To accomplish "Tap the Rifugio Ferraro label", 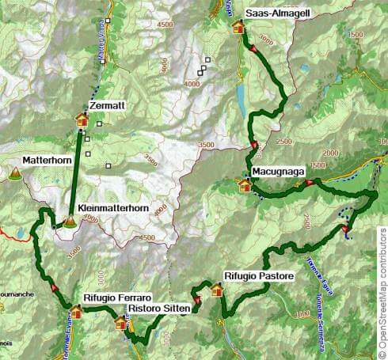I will coord(112,297).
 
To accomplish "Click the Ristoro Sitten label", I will coord(162,309).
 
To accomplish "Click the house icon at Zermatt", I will coord(81,119).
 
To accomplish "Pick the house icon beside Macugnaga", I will coord(245,186).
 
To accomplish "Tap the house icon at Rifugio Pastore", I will coord(217,290).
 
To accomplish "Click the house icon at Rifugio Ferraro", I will coord(77,311).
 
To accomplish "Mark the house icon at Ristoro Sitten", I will coord(120,323).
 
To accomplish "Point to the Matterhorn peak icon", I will coord(14,173).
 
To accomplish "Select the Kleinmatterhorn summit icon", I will coord(70,222).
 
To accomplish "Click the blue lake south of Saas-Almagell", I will coord(240,96).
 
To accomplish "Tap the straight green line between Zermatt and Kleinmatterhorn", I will coord(76,170).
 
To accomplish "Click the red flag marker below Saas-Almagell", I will coord(253,49).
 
